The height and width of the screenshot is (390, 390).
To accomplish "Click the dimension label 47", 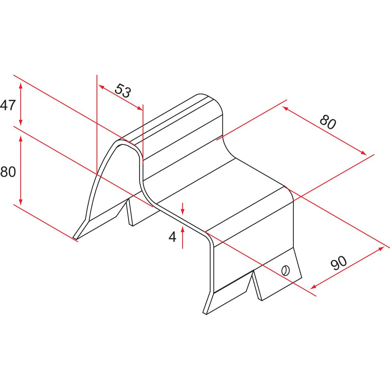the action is pos(8,105).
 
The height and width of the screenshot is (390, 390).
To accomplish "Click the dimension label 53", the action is pos(123,91).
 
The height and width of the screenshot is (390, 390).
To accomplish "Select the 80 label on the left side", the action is pos(8,172).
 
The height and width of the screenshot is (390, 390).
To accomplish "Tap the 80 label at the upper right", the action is pos(328,122).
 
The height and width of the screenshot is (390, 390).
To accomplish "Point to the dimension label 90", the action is pos(339,263).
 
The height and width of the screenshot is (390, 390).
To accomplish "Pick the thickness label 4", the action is pos(172,237).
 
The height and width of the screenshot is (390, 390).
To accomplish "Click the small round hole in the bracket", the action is pos(285,270).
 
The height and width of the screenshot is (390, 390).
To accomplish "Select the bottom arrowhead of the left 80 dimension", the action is pos(20,202).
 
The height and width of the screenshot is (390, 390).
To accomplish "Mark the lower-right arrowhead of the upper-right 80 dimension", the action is pos(363,153).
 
